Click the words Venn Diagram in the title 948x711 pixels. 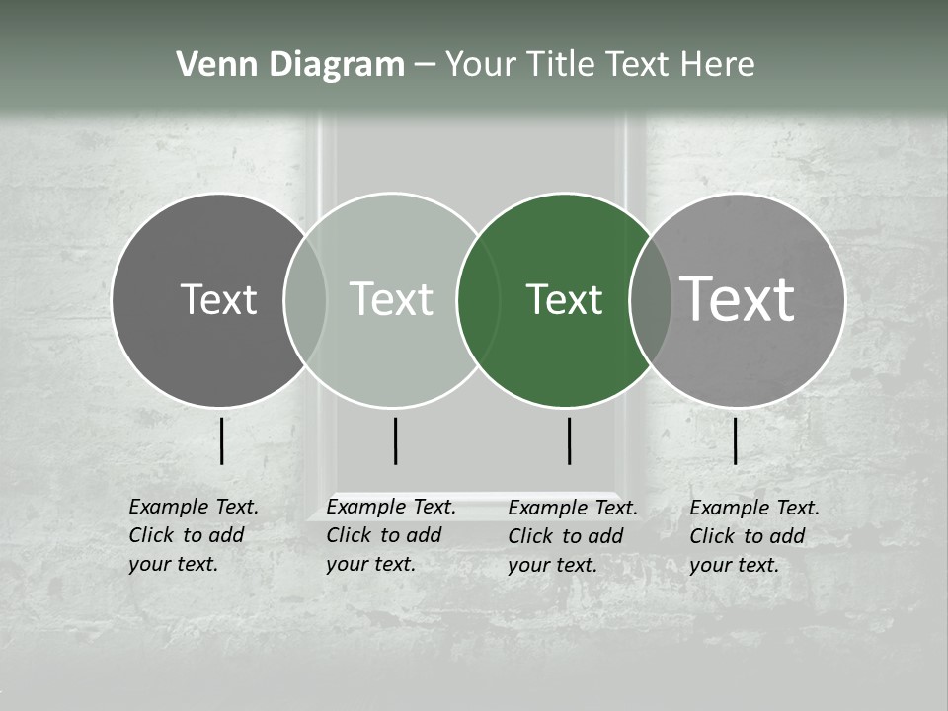click(290, 65)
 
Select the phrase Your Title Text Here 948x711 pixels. click(599, 65)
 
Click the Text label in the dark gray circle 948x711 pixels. click(218, 299)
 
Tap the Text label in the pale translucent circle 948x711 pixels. click(392, 299)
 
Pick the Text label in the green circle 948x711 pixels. click(564, 299)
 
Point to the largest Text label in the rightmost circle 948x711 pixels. click(738, 298)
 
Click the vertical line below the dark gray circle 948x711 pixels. click(222, 440)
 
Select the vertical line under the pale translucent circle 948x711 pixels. click(395, 440)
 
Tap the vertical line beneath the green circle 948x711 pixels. click(570, 440)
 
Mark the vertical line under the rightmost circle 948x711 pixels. click(736, 440)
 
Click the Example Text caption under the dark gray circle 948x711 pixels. click(194, 535)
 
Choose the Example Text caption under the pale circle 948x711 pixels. click(391, 535)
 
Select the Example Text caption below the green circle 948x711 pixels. click(573, 536)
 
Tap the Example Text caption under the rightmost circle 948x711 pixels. click(754, 536)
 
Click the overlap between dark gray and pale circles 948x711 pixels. click(305, 300)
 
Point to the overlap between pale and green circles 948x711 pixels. click(479, 300)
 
